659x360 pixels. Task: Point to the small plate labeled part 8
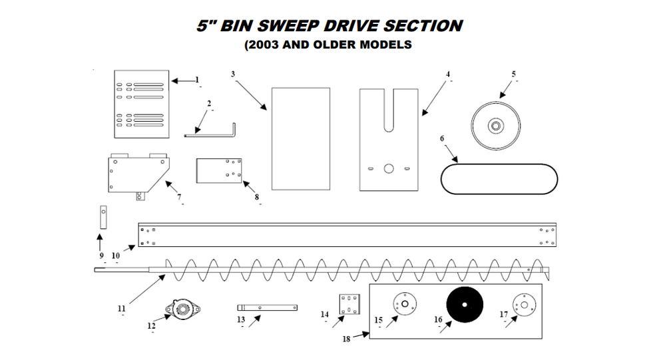[x=218, y=170]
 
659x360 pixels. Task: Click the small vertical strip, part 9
[x=103, y=216]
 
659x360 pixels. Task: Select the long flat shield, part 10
[x=346, y=235]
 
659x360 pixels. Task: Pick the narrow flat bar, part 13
[x=267, y=307]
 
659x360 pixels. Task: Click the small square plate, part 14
[x=349, y=304]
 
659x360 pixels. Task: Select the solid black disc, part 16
[x=467, y=305]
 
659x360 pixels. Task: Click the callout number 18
[x=345, y=338]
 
